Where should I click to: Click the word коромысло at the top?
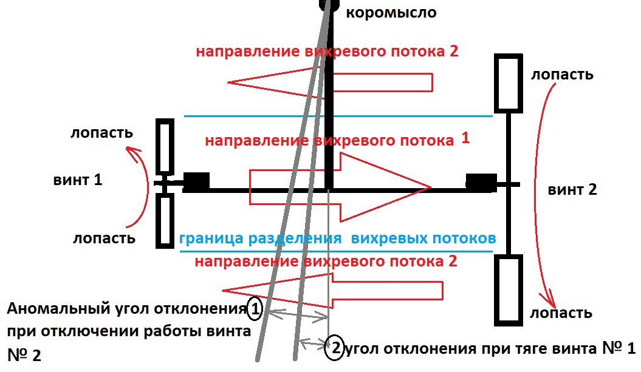pos(391,13)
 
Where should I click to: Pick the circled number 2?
pos(334,348)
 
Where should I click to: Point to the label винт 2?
pos(572,189)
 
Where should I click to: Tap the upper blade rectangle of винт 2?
pos(509,84)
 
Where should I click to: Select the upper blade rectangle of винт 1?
pos(165,147)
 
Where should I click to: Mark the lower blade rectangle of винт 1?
pos(165,220)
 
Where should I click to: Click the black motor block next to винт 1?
pos(196,181)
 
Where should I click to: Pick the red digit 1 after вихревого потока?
pos(465,138)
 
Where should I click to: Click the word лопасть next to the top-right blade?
pos(562,75)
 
